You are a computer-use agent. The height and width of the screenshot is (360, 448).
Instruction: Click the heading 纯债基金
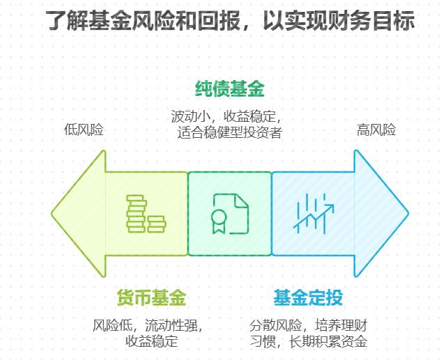[229, 90]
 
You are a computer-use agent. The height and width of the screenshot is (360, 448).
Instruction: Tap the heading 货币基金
[151, 299]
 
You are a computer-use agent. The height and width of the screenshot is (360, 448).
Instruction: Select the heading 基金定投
[308, 299]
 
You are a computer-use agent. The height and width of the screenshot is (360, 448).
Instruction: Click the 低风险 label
[83, 130]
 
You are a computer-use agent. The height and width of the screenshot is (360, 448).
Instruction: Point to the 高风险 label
[376, 130]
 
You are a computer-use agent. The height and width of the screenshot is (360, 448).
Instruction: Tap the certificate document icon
[230, 214]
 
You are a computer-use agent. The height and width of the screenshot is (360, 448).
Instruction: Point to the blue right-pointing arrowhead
[381, 214]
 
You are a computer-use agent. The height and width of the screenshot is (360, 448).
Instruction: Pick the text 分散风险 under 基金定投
[276, 325]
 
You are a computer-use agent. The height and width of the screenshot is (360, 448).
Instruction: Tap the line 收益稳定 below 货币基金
[151, 341]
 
